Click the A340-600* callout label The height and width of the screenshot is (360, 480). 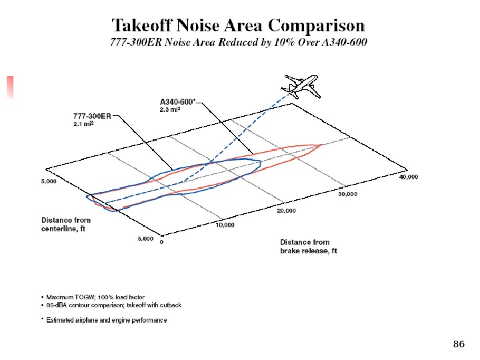[177, 101]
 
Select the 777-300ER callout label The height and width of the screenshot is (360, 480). [92, 115]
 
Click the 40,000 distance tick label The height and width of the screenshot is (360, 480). [408, 177]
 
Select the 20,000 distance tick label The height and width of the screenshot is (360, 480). [286, 211]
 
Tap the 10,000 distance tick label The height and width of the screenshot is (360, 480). [225, 225]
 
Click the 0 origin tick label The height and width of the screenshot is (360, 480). [161, 242]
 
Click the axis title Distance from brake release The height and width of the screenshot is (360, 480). [309, 247]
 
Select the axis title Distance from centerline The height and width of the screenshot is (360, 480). [66, 224]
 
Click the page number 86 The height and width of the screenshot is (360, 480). [458, 344]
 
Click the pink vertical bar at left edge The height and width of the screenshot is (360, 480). [10, 87]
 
